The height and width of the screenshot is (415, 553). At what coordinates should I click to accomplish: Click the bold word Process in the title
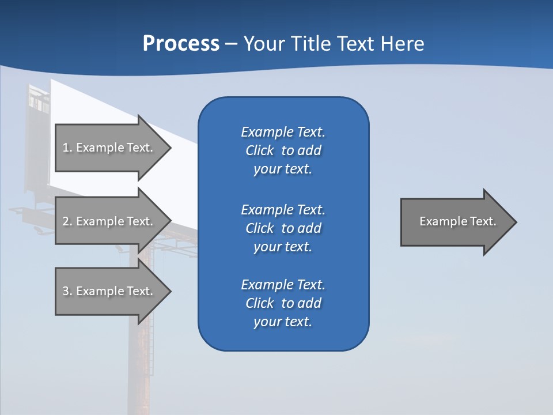tap(181, 44)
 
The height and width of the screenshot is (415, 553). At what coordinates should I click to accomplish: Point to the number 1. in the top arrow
tap(67, 148)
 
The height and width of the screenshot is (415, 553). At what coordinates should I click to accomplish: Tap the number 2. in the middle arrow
tap(67, 221)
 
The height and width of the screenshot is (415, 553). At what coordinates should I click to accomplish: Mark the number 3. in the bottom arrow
tap(67, 291)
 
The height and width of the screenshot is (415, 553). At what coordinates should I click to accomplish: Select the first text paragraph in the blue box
tap(283, 150)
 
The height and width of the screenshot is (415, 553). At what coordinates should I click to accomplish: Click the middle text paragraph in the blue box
tap(283, 228)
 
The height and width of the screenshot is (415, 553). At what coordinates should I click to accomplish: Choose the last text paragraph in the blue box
tap(283, 303)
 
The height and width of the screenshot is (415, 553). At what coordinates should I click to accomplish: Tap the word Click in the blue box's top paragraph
tap(259, 150)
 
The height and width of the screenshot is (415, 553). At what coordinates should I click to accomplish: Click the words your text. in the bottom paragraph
tap(283, 322)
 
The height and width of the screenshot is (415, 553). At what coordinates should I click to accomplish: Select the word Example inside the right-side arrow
tap(438, 221)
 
